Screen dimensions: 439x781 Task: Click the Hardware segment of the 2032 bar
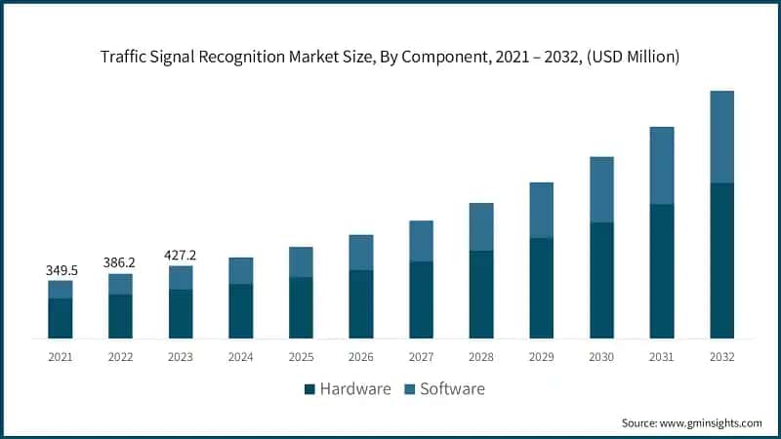pos(721,260)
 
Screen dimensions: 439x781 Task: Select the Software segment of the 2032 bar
pos(721,137)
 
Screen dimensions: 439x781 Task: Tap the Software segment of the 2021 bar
pos(61,289)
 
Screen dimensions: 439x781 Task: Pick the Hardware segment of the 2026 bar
pos(361,304)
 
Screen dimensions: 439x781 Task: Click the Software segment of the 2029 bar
pos(542,210)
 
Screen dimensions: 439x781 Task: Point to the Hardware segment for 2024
pos(241,311)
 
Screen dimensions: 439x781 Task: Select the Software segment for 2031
pos(662,165)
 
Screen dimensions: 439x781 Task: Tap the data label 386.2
pos(120,262)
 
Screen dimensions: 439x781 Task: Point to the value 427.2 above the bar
pos(181,254)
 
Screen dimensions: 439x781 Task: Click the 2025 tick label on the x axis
pos(301,358)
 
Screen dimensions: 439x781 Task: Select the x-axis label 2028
pos(481,358)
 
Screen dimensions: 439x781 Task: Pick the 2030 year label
pos(601,358)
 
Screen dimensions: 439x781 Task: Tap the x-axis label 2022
pos(120,358)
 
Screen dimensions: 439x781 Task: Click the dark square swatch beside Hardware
pos(309,389)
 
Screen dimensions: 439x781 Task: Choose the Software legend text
pos(452,389)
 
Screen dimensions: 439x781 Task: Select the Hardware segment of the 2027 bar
pos(421,299)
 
